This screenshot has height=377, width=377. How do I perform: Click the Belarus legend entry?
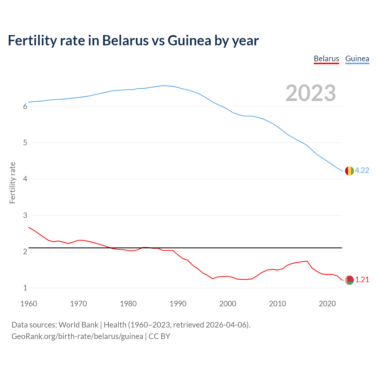click(x=326, y=59)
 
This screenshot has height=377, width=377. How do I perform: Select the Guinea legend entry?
click(x=357, y=59)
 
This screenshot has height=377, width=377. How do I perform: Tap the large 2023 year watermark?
click(x=310, y=93)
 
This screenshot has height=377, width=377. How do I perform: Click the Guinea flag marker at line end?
click(x=349, y=171)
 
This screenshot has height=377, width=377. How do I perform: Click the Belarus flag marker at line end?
click(x=349, y=280)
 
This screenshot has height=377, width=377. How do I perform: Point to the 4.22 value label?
click(x=362, y=171)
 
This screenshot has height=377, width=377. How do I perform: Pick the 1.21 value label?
click(x=362, y=280)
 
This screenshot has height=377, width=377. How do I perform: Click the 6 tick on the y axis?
click(x=25, y=107)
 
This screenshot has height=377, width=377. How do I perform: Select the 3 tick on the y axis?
click(x=25, y=216)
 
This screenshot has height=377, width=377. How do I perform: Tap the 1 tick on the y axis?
click(x=25, y=288)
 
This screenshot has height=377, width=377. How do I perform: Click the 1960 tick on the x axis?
click(x=29, y=304)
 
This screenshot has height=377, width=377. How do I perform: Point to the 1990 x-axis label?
click(x=178, y=304)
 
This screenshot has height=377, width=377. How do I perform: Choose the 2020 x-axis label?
click(x=327, y=304)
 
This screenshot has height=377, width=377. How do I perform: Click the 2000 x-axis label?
click(x=228, y=304)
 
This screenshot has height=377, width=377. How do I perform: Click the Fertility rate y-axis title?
click(x=12, y=183)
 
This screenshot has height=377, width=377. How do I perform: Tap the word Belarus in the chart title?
click(x=125, y=41)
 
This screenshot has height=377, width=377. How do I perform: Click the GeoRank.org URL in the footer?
click(x=77, y=336)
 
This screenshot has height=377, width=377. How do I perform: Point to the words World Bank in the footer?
click(x=78, y=325)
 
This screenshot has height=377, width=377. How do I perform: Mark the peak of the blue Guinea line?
click(x=163, y=86)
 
